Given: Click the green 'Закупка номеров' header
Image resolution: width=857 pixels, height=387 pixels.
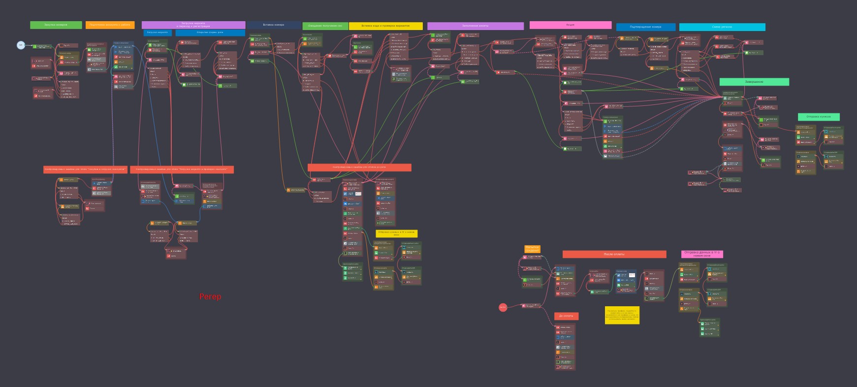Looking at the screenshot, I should (x=56, y=25).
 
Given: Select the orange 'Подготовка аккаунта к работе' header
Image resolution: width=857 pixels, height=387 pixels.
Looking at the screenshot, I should (x=110, y=25).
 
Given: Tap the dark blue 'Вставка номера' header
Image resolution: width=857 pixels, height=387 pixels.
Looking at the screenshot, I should (x=273, y=25).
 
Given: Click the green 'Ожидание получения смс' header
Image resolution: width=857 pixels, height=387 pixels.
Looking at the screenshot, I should (x=325, y=26).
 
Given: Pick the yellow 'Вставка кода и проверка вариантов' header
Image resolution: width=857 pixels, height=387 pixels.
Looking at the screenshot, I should (x=385, y=26).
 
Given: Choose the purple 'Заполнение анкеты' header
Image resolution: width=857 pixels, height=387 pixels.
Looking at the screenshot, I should (x=475, y=26).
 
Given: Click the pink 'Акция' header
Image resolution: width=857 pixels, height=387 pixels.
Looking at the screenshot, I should (x=570, y=25).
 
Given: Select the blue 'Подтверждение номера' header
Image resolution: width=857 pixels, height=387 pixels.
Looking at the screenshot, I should (x=645, y=27).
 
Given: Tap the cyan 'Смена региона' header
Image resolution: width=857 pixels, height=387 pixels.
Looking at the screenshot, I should (x=722, y=27).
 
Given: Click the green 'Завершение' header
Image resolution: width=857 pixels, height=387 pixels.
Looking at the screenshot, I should (x=754, y=82).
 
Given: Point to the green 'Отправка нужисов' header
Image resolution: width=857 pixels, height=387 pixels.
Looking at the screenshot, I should (x=819, y=117).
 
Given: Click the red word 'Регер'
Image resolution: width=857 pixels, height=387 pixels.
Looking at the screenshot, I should (x=210, y=296).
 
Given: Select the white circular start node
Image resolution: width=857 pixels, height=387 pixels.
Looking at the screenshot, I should (x=21, y=45).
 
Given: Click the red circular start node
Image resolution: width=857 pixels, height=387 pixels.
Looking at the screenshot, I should (x=503, y=307).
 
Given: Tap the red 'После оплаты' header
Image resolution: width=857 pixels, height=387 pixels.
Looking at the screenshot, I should (x=614, y=254).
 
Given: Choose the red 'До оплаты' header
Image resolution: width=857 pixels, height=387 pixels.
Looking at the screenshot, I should (x=566, y=316).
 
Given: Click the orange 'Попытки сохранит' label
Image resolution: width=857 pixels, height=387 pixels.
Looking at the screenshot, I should (x=532, y=249).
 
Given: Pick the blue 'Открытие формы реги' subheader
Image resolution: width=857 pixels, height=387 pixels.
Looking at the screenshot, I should (x=210, y=32).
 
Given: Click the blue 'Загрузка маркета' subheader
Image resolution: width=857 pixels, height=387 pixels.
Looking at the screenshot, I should (x=158, y=32).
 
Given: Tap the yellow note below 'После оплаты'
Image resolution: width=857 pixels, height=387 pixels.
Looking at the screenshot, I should (x=622, y=315).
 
